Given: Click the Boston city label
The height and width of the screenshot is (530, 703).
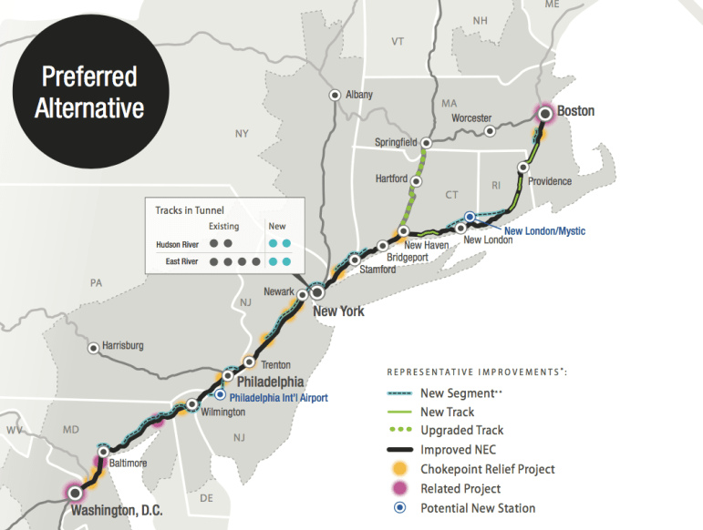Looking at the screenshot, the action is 575,111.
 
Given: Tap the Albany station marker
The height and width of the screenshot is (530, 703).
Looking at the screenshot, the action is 336,94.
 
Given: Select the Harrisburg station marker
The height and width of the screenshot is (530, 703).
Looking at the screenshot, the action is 93,347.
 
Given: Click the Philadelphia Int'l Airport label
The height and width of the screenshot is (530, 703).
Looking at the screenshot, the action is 278,397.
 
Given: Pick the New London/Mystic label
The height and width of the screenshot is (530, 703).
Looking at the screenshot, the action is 544,231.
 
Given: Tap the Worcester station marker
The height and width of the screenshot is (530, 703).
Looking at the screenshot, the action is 491,131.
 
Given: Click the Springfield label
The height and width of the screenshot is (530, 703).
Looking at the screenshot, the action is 396,142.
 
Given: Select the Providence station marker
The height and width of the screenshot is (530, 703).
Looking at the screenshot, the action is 523,167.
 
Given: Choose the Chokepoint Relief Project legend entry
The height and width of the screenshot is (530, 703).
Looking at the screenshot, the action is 488,469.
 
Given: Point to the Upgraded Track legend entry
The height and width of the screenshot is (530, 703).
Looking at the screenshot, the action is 461,430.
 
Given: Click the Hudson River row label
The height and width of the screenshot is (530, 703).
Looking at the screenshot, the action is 178,243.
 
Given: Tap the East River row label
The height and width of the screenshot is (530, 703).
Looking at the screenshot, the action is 182,261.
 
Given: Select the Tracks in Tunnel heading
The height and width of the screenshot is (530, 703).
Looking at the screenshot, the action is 190,210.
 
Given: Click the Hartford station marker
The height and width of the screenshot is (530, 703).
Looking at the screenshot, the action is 416,180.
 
